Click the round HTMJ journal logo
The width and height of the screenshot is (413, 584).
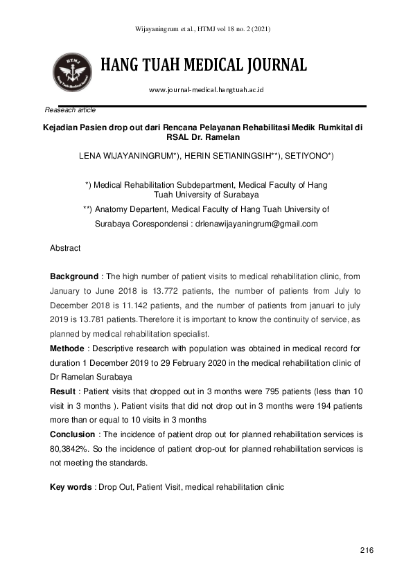pos(71,72)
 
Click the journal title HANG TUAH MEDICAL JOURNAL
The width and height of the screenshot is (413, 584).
pos(204,66)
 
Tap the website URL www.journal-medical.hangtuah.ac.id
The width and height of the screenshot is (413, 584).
pos(206,90)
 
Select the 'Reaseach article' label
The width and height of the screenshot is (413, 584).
pos(70,110)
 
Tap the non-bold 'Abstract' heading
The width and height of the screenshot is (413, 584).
pos(65,247)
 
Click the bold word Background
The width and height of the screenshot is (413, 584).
pos(73,276)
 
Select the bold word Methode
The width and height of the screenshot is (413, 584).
pos(69,347)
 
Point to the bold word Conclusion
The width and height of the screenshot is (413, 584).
pos(72,434)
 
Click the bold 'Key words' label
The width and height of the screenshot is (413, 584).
pos(71,487)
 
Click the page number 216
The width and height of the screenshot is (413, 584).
pos(367,550)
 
